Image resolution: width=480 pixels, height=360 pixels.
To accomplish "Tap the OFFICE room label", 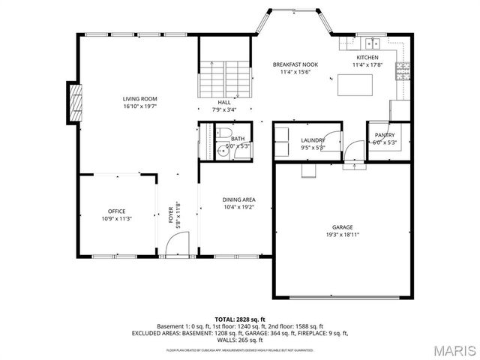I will click(x=116, y=211).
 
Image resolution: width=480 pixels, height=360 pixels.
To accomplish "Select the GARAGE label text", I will click(x=342, y=227).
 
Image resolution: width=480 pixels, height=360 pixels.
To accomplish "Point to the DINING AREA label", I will click(x=238, y=199).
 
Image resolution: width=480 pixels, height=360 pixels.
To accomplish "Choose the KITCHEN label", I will click(x=367, y=58).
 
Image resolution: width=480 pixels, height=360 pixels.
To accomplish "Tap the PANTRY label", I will click(x=385, y=135).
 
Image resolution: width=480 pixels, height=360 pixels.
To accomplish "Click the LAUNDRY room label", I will click(x=312, y=140).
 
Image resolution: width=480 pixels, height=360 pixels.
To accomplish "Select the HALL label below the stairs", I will click(x=224, y=102).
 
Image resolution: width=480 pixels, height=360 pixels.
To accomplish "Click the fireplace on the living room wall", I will click(x=74, y=103).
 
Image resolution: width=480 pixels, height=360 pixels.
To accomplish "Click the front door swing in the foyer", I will click(x=176, y=243).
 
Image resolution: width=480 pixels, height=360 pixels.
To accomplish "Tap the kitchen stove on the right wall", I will click(x=404, y=70).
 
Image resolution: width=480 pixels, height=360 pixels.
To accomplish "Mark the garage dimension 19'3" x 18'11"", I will click(x=342, y=235).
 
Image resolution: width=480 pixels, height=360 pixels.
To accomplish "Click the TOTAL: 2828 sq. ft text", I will click(x=240, y=319).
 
